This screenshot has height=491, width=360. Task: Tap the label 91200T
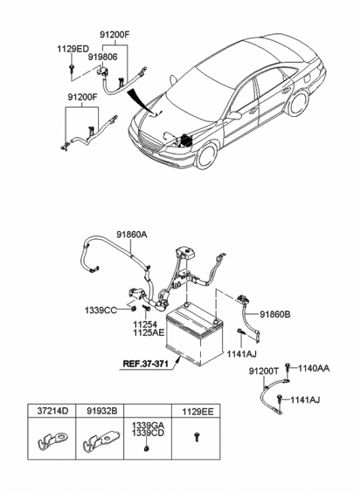tap(262, 371)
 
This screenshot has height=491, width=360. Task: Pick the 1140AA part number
tap(314, 368)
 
